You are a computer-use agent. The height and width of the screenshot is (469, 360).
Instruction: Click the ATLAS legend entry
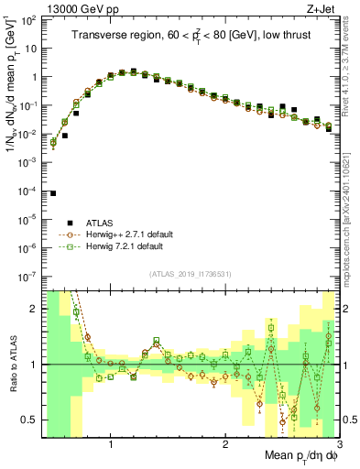[99, 223]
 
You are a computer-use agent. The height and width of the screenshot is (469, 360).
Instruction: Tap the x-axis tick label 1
[111, 444]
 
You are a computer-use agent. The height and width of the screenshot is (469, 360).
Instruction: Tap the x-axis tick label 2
[225, 444]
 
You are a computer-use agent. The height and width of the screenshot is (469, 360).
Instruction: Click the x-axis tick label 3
[339, 444]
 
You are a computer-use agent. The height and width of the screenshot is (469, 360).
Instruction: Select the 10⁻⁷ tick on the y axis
[29, 276]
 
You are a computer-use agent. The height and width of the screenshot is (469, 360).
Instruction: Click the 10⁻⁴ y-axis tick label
[29, 191]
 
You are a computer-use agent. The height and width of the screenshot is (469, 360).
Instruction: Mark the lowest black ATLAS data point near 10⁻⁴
[53, 193]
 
